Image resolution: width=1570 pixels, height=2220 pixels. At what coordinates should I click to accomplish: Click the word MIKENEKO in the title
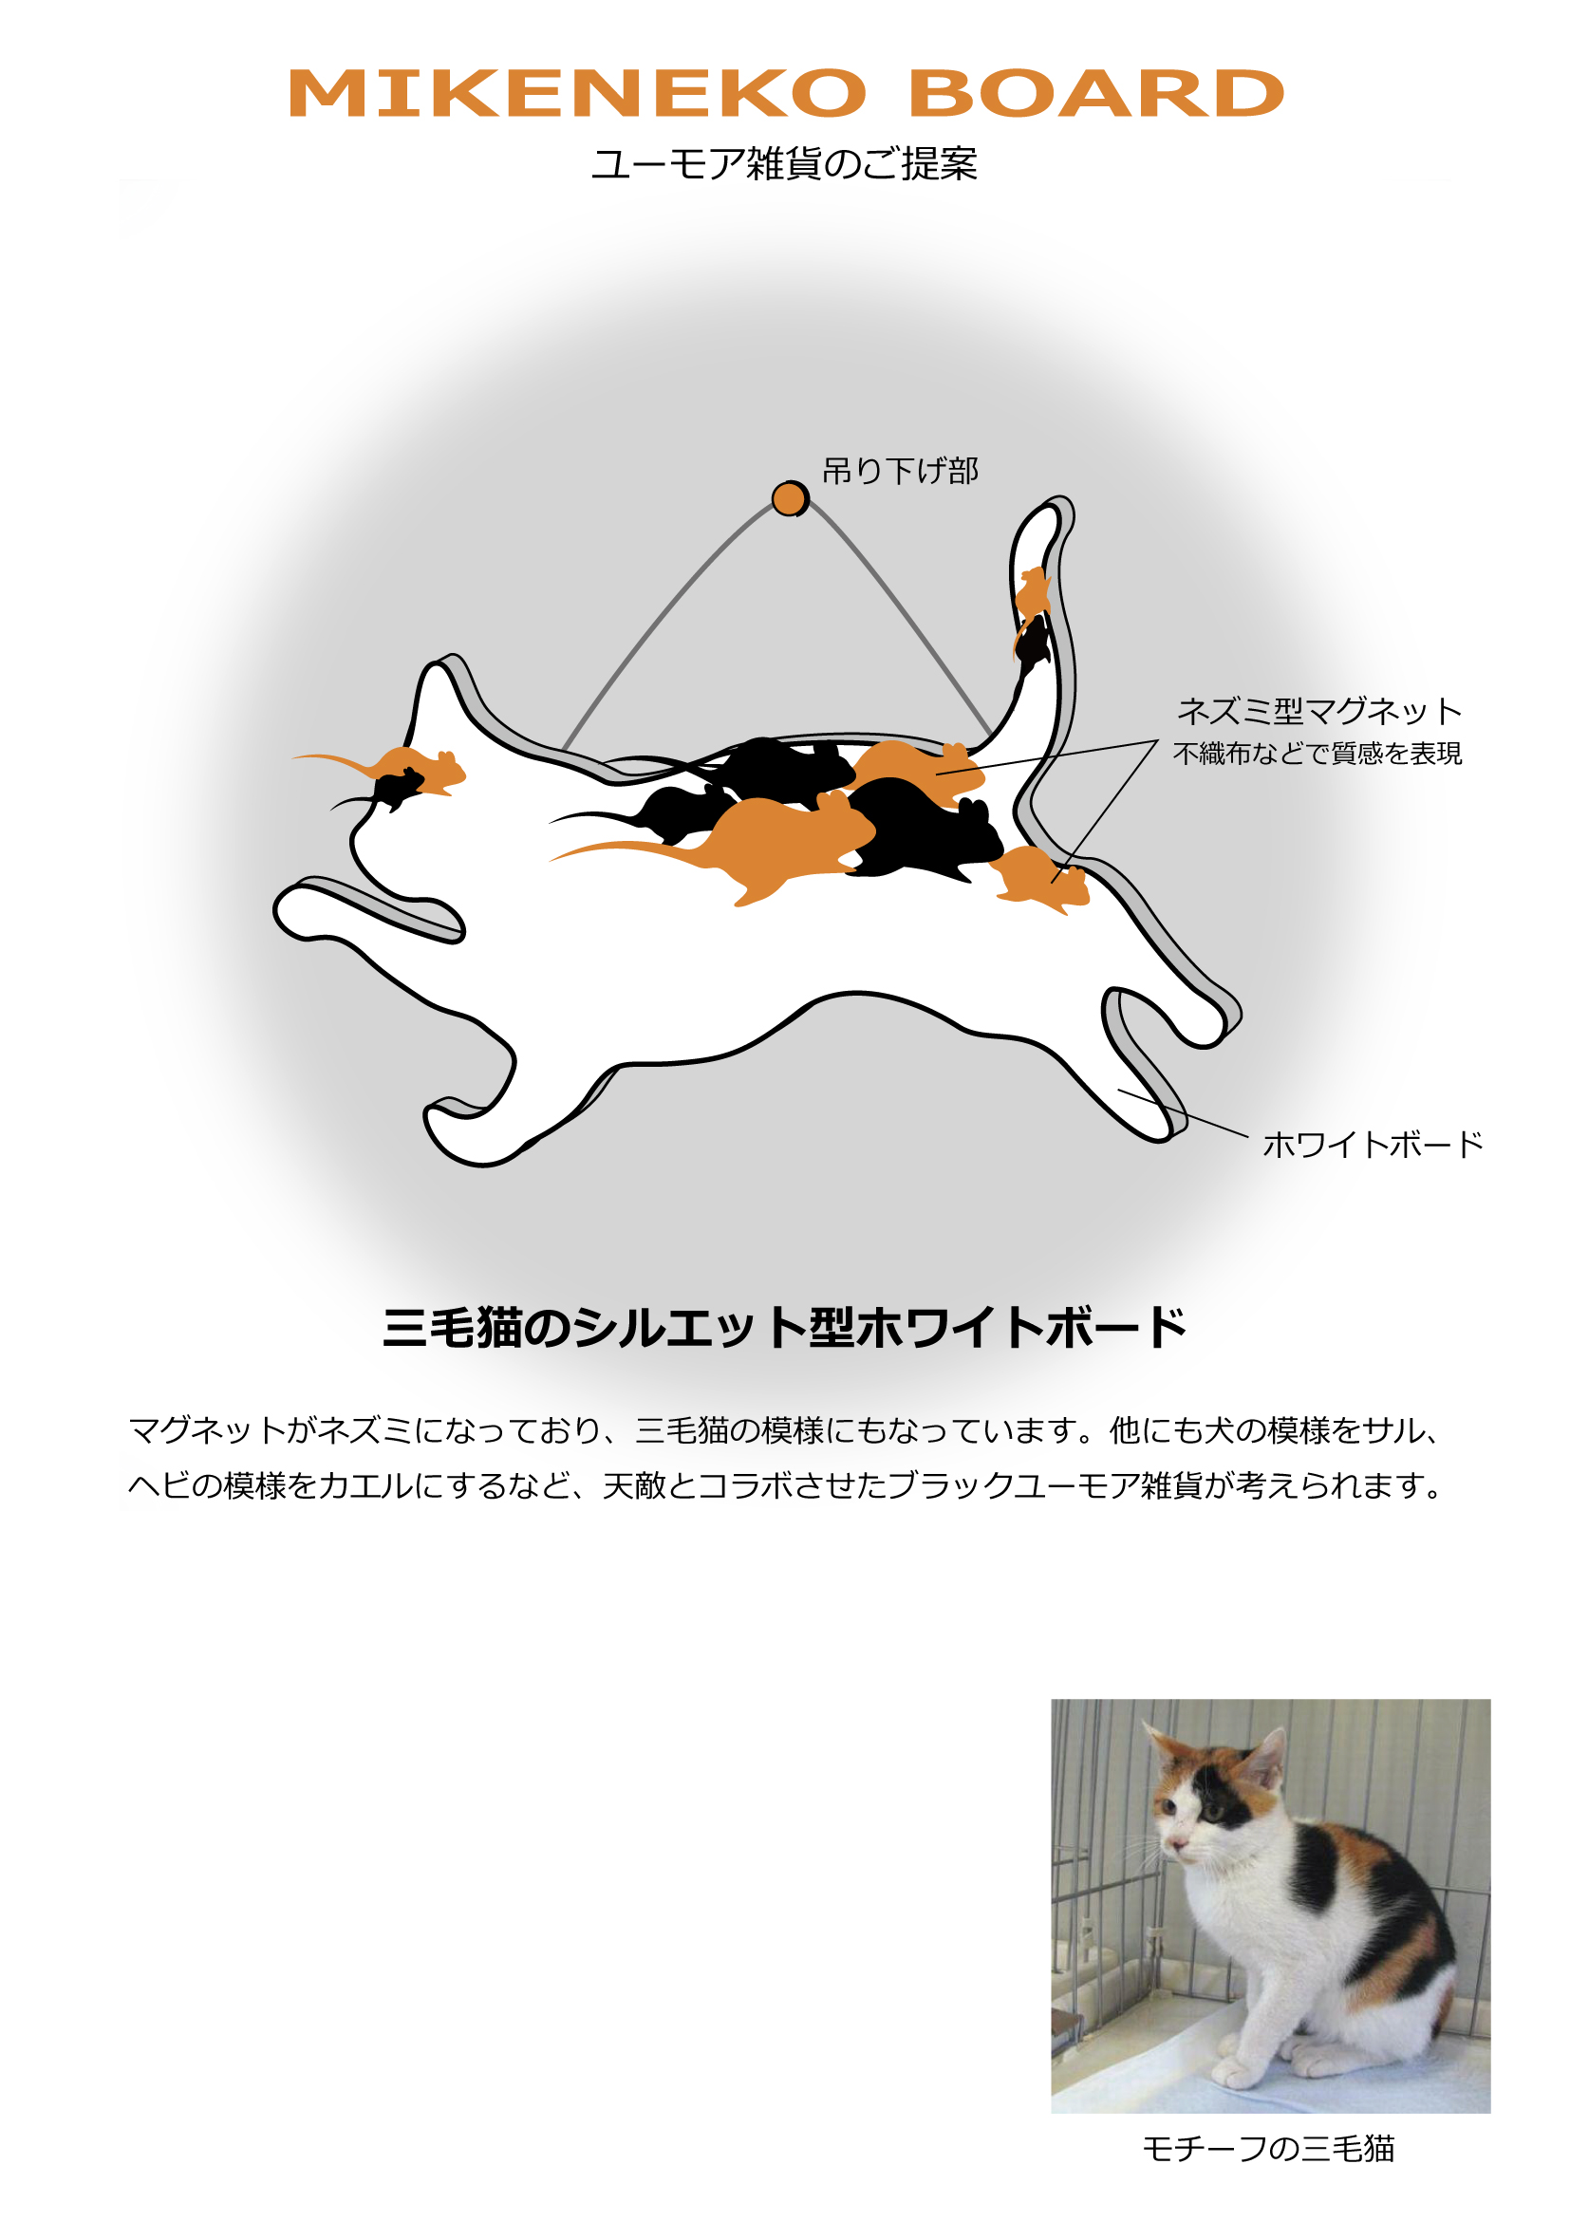[577, 94]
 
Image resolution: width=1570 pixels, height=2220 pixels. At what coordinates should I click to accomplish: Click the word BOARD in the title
[1096, 94]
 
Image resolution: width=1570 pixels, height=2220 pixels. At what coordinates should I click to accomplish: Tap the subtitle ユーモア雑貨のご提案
[784, 163]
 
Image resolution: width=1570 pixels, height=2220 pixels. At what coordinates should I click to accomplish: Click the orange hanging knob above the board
[790, 499]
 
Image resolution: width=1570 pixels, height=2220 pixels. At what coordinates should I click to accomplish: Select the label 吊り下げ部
[900, 471]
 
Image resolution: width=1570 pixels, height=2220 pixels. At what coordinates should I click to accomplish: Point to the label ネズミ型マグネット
[1318, 711]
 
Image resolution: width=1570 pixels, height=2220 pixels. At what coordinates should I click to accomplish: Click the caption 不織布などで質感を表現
[1317, 754]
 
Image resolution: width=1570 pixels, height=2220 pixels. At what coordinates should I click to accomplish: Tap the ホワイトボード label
[1373, 1144]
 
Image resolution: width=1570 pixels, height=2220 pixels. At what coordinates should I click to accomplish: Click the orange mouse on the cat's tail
[1033, 591]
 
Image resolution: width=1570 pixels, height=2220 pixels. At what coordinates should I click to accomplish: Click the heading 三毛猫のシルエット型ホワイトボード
[784, 1327]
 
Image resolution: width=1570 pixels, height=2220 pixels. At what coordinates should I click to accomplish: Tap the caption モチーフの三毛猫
[1268, 2149]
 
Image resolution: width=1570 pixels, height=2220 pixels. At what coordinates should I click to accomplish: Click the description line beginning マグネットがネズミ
[784, 1430]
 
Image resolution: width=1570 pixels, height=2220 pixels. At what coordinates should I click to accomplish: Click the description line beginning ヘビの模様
[784, 1485]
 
